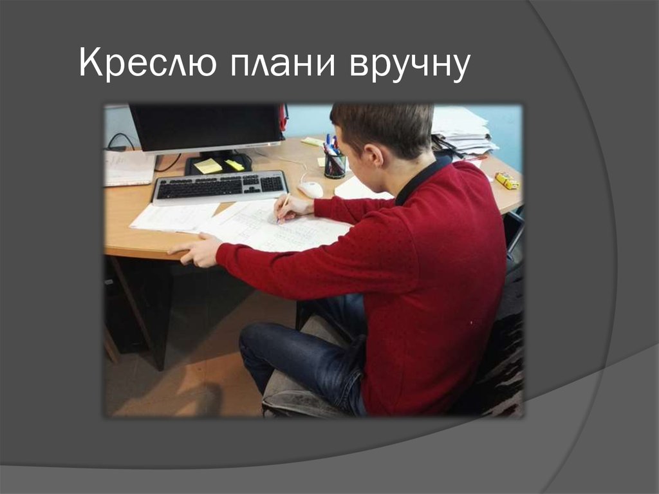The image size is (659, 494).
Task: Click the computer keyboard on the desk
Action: [219, 187]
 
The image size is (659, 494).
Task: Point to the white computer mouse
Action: [311, 189]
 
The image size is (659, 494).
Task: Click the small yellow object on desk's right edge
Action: [506, 180]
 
